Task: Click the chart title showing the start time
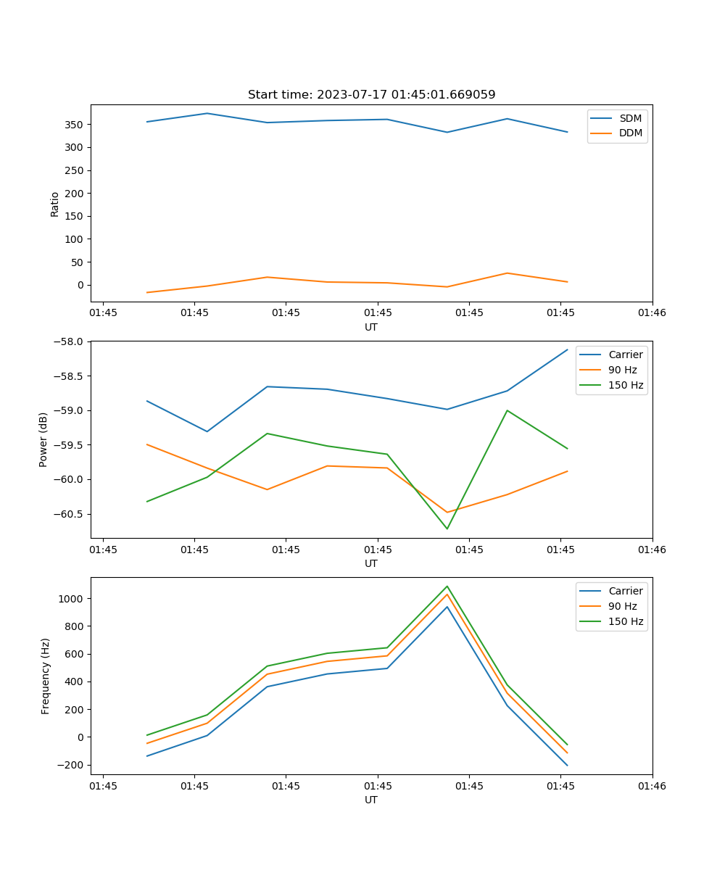click(x=371, y=95)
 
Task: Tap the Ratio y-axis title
click(x=55, y=204)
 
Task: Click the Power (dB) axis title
click(x=43, y=439)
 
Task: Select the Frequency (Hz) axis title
click(x=45, y=676)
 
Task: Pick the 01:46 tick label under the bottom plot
click(x=652, y=785)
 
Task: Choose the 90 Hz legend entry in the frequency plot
click(x=623, y=606)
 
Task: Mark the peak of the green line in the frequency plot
click(x=447, y=587)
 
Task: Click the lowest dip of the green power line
click(x=447, y=529)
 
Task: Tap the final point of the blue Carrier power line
click(x=567, y=349)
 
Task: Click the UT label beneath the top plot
click(x=371, y=327)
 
